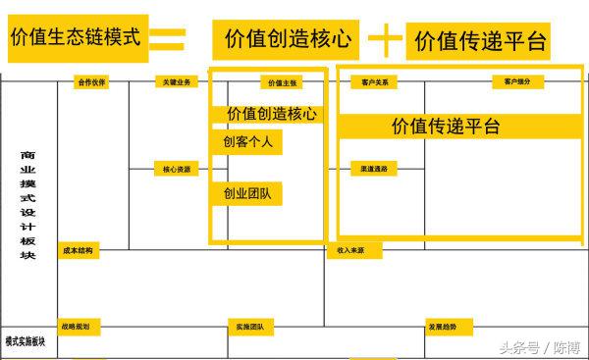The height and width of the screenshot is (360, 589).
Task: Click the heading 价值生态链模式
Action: (76, 38)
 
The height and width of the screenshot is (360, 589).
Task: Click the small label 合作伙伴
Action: (91, 82)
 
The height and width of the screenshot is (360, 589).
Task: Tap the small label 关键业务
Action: (177, 82)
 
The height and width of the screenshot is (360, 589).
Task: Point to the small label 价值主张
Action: (279, 83)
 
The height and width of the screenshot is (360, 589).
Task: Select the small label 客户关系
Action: (374, 82)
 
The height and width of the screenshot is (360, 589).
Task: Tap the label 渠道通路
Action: (374, 169)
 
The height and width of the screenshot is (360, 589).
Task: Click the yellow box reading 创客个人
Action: (246, 142)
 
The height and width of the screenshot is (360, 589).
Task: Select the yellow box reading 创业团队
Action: (246, 193)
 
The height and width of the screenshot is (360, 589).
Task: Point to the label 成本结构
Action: (78, 251)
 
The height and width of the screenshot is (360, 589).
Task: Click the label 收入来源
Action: (350, 251)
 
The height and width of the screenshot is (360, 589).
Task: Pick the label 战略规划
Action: (78, 326)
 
